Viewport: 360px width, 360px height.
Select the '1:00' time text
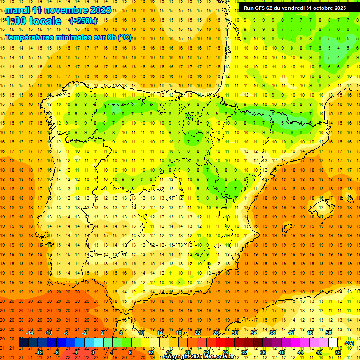coord(17,21)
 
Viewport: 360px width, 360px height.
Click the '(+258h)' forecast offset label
coord(83,21)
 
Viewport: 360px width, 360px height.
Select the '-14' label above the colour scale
coord(29,333)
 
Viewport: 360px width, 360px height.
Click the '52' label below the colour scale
coord(338,352)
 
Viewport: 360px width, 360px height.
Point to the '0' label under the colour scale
coord(93,352)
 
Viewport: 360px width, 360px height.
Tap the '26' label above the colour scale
coord(216,333)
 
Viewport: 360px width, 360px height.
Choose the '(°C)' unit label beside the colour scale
coord(349,343)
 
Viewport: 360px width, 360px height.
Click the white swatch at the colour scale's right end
coord(333,343)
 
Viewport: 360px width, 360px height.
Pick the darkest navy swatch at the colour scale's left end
coord(23,343)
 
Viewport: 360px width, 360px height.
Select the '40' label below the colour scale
coord(282,352)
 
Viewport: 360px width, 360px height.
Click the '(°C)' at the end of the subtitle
coord(125,37)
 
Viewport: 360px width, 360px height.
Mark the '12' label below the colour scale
coord(150,352)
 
